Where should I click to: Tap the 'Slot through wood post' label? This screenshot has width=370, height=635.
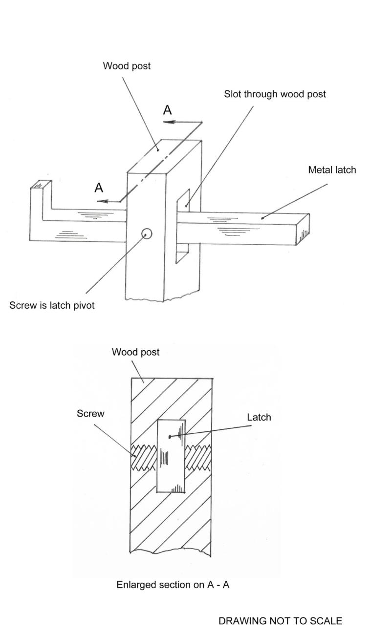point(275,94)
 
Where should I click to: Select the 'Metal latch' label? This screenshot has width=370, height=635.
point(332,170)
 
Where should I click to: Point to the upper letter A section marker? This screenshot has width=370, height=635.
point(168,110)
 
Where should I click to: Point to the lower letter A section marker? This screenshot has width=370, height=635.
point(99,188)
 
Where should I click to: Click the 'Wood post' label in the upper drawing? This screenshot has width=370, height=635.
point(127,66)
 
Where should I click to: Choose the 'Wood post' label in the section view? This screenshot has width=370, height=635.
point(135,352)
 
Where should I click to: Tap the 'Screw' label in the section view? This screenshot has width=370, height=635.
point(90,413)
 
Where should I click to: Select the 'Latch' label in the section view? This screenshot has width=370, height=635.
point(259,417)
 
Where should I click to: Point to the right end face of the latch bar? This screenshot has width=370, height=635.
point(304,230)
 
